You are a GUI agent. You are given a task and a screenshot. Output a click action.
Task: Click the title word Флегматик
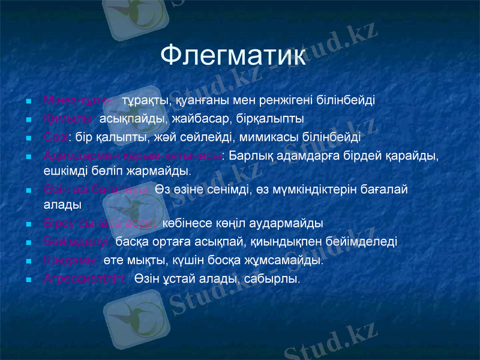click(x=233, y=56)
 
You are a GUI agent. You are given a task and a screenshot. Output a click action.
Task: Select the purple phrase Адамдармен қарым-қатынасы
click(x=133, y=156)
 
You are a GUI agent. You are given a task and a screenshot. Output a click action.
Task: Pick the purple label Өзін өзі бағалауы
click(x=96, y=190)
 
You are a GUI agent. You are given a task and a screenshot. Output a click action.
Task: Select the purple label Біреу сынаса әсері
click(x=101, y=223)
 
